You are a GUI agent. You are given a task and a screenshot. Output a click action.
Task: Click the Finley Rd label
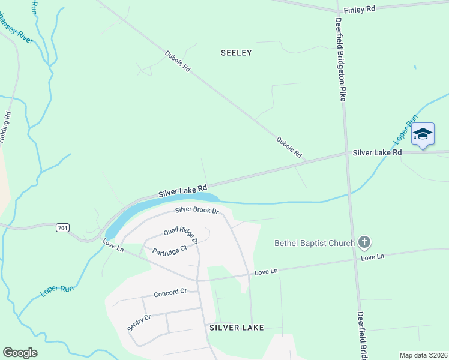[x=359, y=10]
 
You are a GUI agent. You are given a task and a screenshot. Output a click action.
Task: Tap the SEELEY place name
[x=237, y=53]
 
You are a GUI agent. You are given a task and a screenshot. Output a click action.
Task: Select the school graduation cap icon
[x=423, y=134]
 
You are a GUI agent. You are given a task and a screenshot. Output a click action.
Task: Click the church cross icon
[x=363, y=243]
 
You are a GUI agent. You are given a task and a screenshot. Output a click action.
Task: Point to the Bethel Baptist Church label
[x=314, y=243]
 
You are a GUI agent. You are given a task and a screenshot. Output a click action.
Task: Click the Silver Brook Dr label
[x=197, y=210]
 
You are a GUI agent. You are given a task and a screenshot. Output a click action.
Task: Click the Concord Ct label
[x=170, y=293]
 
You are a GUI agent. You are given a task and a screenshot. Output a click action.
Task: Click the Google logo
[x=20, y=352]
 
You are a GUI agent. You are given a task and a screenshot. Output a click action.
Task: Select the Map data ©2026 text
[x=423, y=355]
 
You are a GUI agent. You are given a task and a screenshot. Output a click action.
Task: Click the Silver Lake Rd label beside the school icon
[x=377, y=153]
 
